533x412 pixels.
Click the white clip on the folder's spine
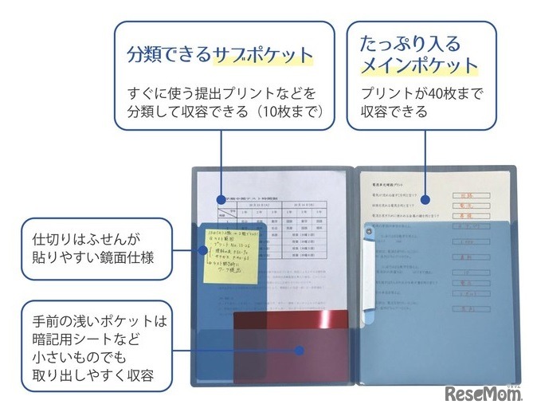(367, 271)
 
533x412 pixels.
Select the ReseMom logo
(482, 393)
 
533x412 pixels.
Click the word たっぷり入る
(410, 42)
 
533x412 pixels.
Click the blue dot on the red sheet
(299, 350)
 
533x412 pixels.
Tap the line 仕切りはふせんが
(85, 239)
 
